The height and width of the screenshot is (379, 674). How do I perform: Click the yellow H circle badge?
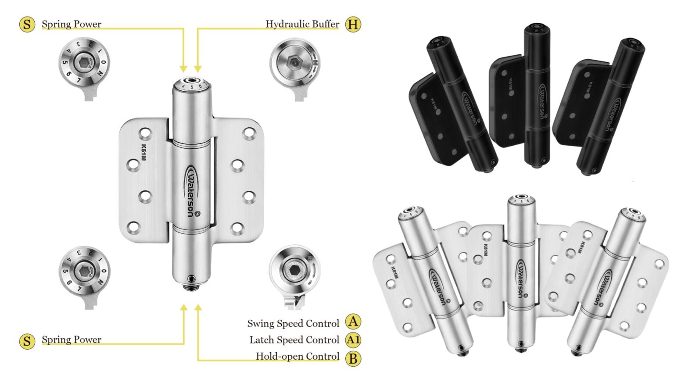pyautogui.click(x=352, y=24)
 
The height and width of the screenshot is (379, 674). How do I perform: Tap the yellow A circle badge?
pyautogui.click(x=352, y=322)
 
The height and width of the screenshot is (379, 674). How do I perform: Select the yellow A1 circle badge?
pyautogui.click(x=352, y=340)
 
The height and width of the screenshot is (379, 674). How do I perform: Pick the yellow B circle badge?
pyautogui.click(x=352, y=358)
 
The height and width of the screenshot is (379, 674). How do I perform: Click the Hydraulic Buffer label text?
pyautogui.click(x=302, y=24)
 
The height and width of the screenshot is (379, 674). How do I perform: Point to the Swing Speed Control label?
pyautogui.click(x=293, y=324)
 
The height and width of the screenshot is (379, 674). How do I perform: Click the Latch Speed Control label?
pyautogui.click(x=294, y=340)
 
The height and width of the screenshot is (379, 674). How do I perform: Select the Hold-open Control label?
pyautogui.click(x=297, y=357)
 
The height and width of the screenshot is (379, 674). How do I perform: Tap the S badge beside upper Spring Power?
pyautogui.click(x=27, y=24)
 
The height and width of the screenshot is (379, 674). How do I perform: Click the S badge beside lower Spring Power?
pyautogui.click(x=27, y=341)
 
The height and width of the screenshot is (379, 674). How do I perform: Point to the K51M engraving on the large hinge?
pyautogui.click(x=143, y=152)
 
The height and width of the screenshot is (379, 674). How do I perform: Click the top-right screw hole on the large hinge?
pyautogui.click(x=249, y=133)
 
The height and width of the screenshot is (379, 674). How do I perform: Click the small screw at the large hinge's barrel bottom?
pyautogui.click(x=191, y=279)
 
